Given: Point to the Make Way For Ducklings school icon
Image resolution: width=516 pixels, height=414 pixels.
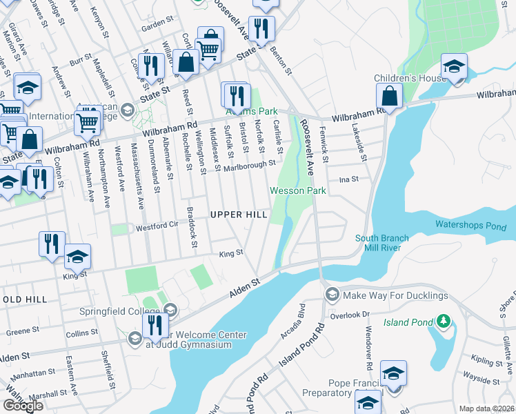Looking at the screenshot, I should [332, 295].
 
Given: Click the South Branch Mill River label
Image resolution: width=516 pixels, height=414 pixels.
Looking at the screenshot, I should [382, 244].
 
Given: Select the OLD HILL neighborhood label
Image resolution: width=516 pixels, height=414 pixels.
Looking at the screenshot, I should [24, 299].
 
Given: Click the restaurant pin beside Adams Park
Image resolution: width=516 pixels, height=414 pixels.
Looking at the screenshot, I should [235, 95].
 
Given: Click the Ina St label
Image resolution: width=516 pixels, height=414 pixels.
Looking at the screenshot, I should [349, 179].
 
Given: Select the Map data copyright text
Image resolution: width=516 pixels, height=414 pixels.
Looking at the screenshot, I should [487, 408].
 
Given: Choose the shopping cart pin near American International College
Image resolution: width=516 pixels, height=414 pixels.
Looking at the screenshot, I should [87, 123].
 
